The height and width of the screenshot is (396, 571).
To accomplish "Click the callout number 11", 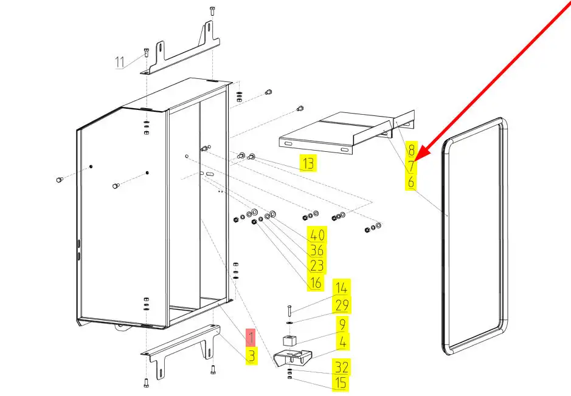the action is pyautogui.click(x=119, y=62).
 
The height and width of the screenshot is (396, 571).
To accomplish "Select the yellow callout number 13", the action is pyautogui.click(x=308, y=163).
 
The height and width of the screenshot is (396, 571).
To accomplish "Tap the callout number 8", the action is pyautogui.click(x=412, y=150).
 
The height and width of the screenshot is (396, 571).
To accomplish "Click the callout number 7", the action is pyautogui.click(x=412, y=166).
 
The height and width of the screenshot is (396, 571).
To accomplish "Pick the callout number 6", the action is pyautogui.click(x=412, y=182).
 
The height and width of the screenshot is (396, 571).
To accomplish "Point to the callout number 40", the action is pyautogui.click(x=317, y=235).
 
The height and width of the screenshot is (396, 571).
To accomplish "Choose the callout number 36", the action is pyautogui.click(x=317, y=250).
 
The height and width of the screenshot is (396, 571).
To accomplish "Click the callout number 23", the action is pyautogui.click(x=317, y=265).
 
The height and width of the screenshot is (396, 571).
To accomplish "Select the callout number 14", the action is pyautogui.click(x=342, y=288).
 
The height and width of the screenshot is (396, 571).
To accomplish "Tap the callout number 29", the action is pyautogui.click(x=342, y=306).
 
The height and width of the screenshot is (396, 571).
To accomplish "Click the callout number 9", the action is pyautogui.click(x=342, y=324).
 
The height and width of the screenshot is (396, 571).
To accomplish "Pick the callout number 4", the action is pyautogui.click(x=342, y=341).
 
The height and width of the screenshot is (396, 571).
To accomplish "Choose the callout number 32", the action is pyautogui.click(x=341, y=366).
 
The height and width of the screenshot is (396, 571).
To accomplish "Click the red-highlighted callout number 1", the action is pyautogui.click(x=251, y=336).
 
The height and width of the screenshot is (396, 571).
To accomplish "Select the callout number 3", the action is pyautogui.click(x=251, y=356).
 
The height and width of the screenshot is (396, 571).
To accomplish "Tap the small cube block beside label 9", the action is pyautogui.click(x=291, y=342).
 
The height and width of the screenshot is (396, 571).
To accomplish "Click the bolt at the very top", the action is pyautogui.click(x=212, y=10).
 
